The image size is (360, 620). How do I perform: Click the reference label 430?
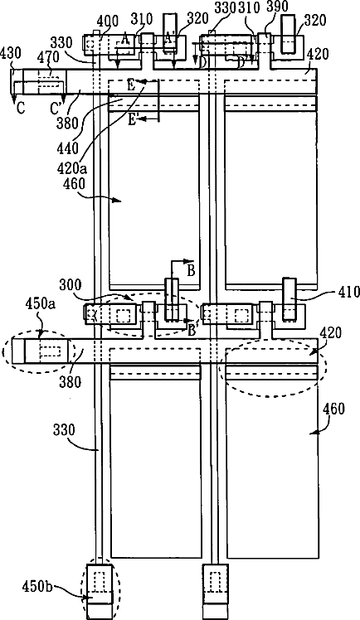[11, 53]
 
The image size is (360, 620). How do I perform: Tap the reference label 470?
[48, 58]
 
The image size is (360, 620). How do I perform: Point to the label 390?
[278, 7]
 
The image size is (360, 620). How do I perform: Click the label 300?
[71, 284]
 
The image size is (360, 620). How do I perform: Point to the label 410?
[349, 293]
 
